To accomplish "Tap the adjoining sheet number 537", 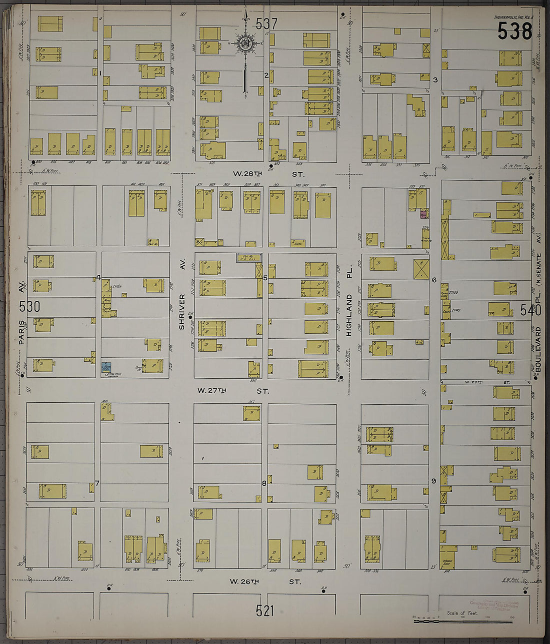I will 266,23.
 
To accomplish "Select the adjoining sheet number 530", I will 29,306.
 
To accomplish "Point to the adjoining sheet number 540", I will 530,310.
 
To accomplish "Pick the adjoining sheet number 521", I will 264,610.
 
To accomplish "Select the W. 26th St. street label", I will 265,582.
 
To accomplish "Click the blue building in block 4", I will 106,367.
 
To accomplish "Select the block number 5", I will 265,277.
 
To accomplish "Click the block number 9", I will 434,481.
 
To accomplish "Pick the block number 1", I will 100,73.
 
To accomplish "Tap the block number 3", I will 435,80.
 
